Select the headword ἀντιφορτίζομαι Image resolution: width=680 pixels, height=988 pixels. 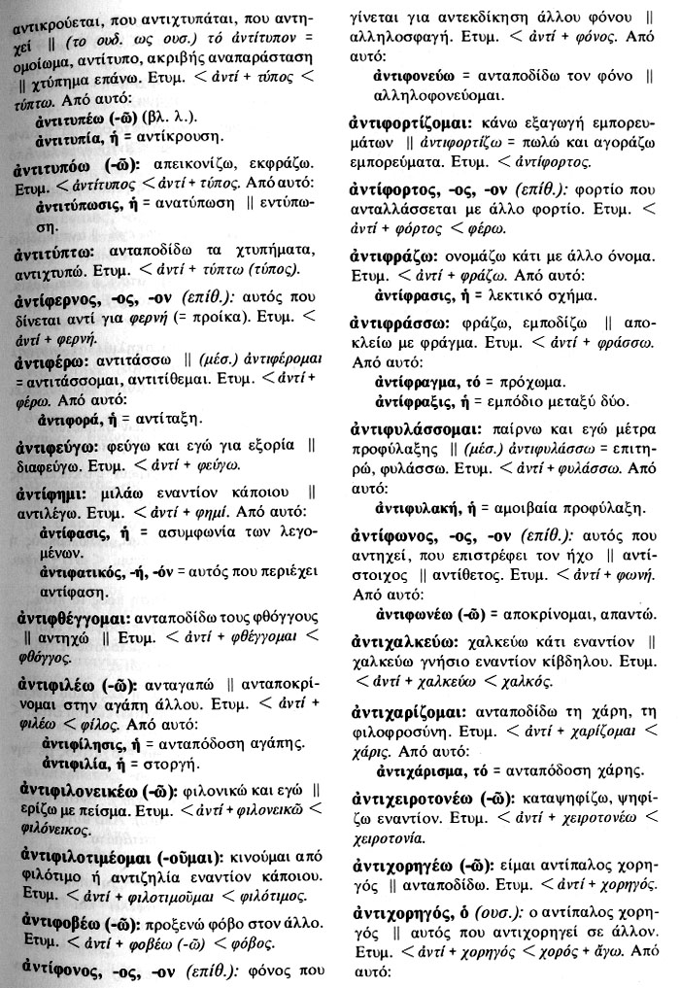(411, 123)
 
